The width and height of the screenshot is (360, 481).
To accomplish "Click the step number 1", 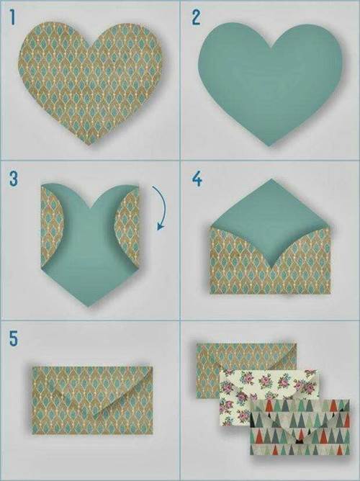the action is point(12,17).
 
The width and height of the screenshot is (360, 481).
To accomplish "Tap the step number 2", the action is point(196,17).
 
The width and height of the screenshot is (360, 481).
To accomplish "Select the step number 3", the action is point(14,179).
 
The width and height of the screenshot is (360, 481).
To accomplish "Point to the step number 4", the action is point(197,179).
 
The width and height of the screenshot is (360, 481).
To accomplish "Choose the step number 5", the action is point(14,338).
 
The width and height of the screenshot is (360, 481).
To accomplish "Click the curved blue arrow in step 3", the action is point(164,205).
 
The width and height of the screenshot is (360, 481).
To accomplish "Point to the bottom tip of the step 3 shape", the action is point(89,306).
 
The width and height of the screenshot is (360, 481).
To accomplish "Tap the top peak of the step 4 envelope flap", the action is point(271,179).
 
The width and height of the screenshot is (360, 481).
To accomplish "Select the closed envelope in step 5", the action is point(92,400).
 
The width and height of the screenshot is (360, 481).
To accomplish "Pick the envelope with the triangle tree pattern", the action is point(300,427).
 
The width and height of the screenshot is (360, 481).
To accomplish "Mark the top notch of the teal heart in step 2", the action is point(271,48).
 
